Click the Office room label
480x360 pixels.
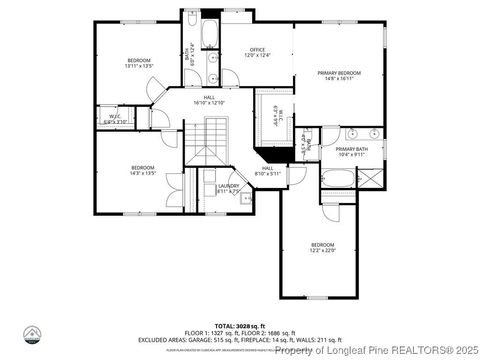258,52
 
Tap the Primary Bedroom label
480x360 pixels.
338,76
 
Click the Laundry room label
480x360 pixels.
229,188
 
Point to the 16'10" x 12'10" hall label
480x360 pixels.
208,100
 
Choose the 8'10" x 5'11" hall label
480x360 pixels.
268,171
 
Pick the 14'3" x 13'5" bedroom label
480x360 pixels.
143,169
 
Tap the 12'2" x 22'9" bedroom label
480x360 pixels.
322,248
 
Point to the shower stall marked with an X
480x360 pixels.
371,180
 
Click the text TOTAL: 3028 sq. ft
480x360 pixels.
240,313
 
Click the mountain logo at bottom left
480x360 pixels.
33,335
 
